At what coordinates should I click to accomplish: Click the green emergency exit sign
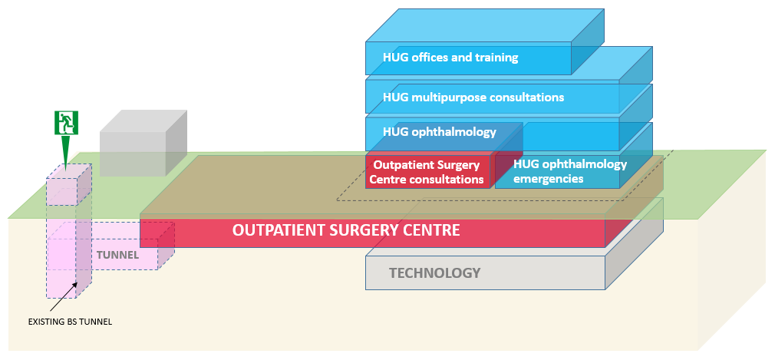[x=65, y=123]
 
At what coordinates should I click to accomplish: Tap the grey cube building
[x=143, y=143]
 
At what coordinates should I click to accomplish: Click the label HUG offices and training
[x=450, y=58]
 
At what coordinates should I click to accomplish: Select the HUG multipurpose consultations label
[x=473, y=97]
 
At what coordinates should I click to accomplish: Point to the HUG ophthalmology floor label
[x=439, y=132]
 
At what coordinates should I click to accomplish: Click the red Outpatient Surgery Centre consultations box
[x=428, y=171]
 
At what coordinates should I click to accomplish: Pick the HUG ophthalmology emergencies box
[x=557, y=171]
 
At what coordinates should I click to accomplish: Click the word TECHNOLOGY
[x=434, y=273]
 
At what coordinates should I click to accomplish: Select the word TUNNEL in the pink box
[x=117, y=256]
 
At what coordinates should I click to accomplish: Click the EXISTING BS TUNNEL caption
[x=70, y=322]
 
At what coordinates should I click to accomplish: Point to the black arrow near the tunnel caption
[x=64, y=297]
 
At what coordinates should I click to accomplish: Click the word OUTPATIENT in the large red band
[x=277, y=230]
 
